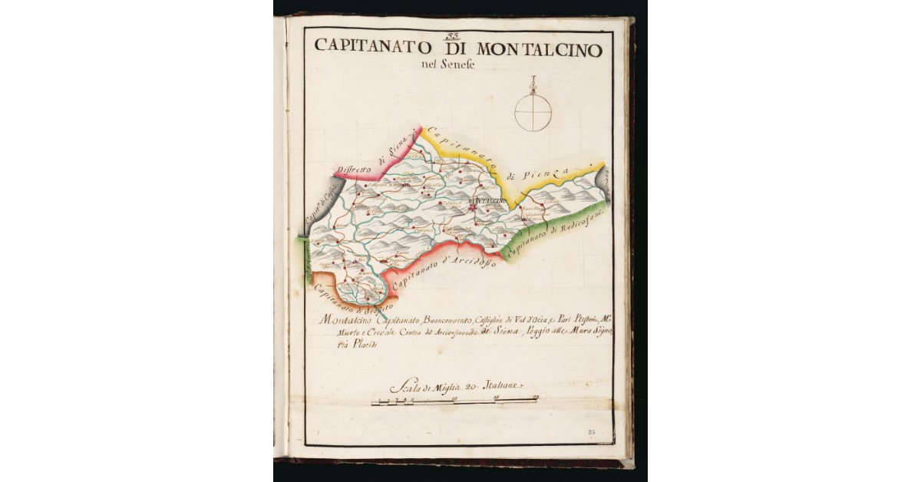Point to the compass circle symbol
[x=533, y=112]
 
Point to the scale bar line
[x=453, y=401]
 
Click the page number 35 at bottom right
[x=591, y=434]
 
